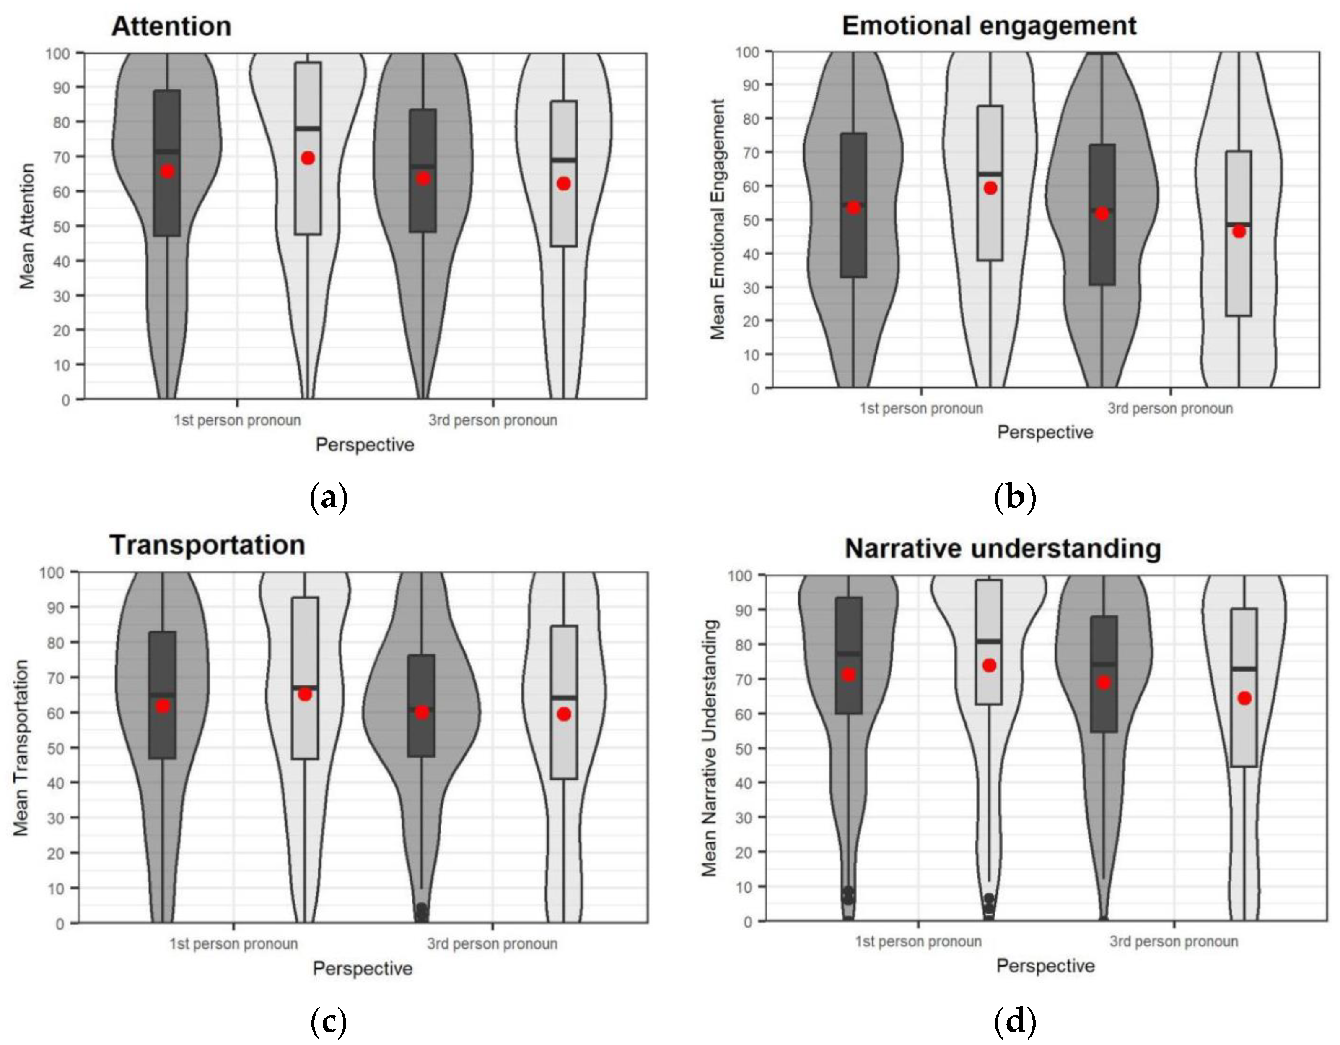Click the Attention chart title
(x=171, y=26)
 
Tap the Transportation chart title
(x=207, y=545)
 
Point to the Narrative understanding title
(x=1003, y=548)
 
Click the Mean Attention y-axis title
(x=27, y=226)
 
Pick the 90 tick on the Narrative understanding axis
(x=744, y=610)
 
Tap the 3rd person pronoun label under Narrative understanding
(x=1173, y=941)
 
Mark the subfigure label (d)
(x=1015, y=1022)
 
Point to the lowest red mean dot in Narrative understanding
(x=1244, y=698)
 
